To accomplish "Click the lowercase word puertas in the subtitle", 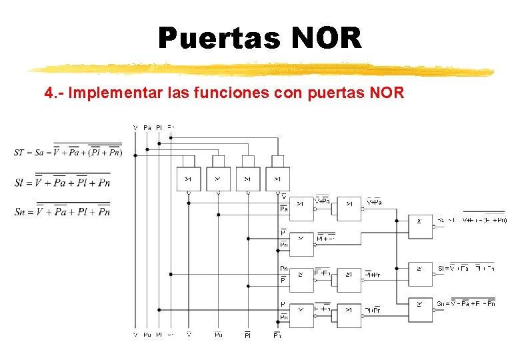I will pyautogui.click(x=337, y=92).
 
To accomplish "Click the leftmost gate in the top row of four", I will pyautogui.click(x=188, y=179).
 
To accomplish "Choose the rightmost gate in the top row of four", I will pyautogui.click(x=277, y=179).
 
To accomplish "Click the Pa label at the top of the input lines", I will pyautogui.click(x=147, y=127).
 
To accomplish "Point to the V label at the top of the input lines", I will pyautogui.click(x=135, y=127).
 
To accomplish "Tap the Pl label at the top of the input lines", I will pyautogui.click(x=159, y=127).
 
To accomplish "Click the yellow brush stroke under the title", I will pyautogui.click(x=260, y=69).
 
